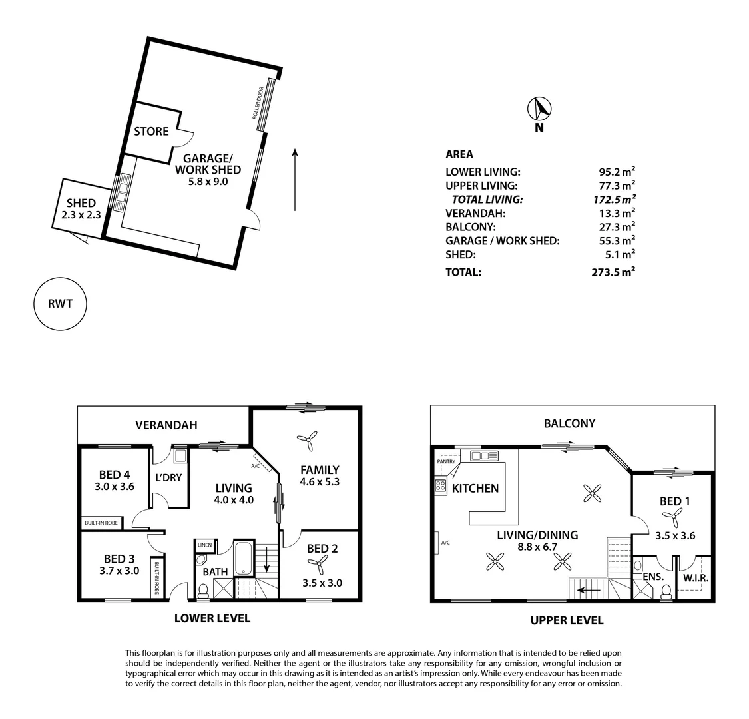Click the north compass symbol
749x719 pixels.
(x=539, y=109)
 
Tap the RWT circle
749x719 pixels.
(x=60, y=304)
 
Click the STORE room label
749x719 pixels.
(x=151, y=131)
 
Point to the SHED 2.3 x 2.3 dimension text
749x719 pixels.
(x=81, y=215)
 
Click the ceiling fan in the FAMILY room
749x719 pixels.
(x=307, y=441)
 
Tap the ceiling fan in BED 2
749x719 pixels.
(x=317, y=565)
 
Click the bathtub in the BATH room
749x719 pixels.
(x=244, y=557)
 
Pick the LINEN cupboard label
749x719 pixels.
(x=204, y=545)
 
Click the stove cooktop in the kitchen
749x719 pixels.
(x=441, y=487)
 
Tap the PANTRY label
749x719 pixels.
(x=446, y=462)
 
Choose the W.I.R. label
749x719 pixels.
(x=696, y=578)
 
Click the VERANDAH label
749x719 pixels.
(x=166, y=425)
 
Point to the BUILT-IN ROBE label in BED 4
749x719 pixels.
(x=101, y=523)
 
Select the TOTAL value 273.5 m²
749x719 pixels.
(x=613, y=272)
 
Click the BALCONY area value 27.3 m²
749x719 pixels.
(x=617, y=226)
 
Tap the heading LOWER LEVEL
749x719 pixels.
(x=212, y=618)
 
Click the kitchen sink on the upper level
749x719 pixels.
(x=485, y=456)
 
